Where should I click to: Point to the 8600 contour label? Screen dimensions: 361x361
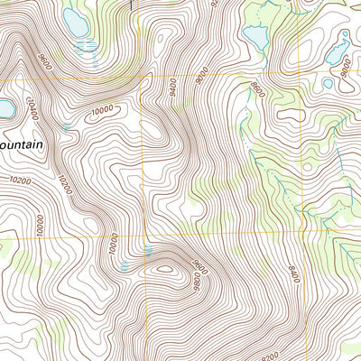click(260, 89)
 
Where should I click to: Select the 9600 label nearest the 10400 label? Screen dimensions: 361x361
click(44, 64)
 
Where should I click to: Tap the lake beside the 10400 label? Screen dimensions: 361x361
click(5, 110)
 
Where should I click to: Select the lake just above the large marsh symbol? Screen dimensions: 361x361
click(76, 24)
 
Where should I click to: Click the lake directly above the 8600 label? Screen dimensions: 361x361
click(255, 37)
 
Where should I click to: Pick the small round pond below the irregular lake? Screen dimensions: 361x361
click(328, 83)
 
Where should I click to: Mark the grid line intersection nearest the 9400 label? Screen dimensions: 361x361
click(142, 78)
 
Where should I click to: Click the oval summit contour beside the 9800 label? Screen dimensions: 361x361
click(164, 267)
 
